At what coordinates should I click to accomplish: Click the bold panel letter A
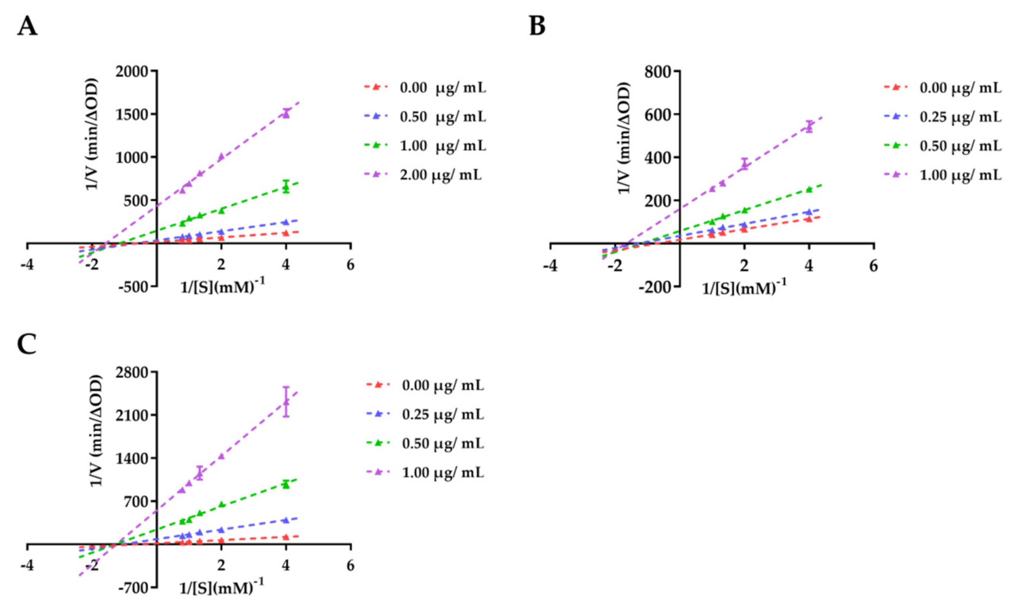coord(27,27)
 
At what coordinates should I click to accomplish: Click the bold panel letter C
coord(27,345)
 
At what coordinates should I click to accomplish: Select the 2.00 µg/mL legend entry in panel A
coord(441,175)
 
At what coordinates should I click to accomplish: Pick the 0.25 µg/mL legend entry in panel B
coord(960,117)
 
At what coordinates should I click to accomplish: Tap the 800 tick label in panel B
coord(659,72)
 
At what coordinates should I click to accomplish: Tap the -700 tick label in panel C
coord(133,588)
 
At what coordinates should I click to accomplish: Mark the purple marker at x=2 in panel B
coord(744,164)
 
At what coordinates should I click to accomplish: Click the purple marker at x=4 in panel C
coord(286,402)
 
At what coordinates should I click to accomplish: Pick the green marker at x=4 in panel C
coord(286,485)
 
